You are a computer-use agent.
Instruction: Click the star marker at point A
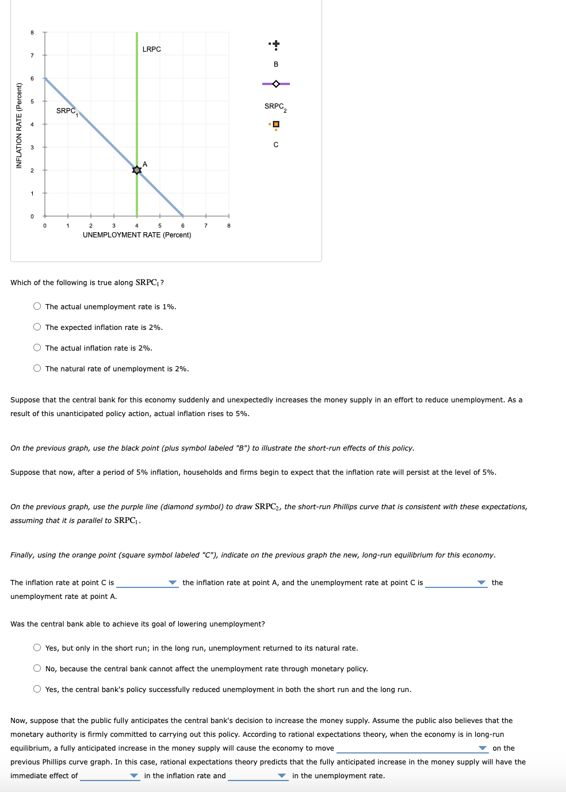tap(137, 170)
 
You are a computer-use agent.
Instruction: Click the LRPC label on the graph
tap(151, 49)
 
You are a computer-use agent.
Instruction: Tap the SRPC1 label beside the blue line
tap(67, 111)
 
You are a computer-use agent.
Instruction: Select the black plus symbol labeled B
tap(276, 44)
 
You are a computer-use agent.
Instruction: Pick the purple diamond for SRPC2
tap(276, 84)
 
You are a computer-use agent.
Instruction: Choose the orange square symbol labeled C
tap(276, 125)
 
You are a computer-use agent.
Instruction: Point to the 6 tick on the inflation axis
tap(32, 78)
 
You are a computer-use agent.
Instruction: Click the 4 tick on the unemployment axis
tap(137, 226)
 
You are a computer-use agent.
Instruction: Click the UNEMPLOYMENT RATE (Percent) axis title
tap(137, 235)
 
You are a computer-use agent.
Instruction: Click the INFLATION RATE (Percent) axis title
tap(19, 126)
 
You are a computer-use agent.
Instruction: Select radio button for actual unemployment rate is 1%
tap(37, 306)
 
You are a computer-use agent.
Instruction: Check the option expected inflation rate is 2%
tap(37, 327)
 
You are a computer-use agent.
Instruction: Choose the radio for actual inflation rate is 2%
tap(37, 348)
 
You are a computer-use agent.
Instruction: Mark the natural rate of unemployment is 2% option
tap(37, 368)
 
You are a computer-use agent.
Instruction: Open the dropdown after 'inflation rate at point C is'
tap(147, 583)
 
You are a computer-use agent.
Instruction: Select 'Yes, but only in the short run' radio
tap(37, 648)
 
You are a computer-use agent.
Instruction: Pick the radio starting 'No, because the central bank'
tap(37, 668)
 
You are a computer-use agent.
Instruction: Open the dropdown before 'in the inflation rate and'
tap(109, 776)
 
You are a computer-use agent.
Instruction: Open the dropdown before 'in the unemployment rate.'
tap(258, 776)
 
